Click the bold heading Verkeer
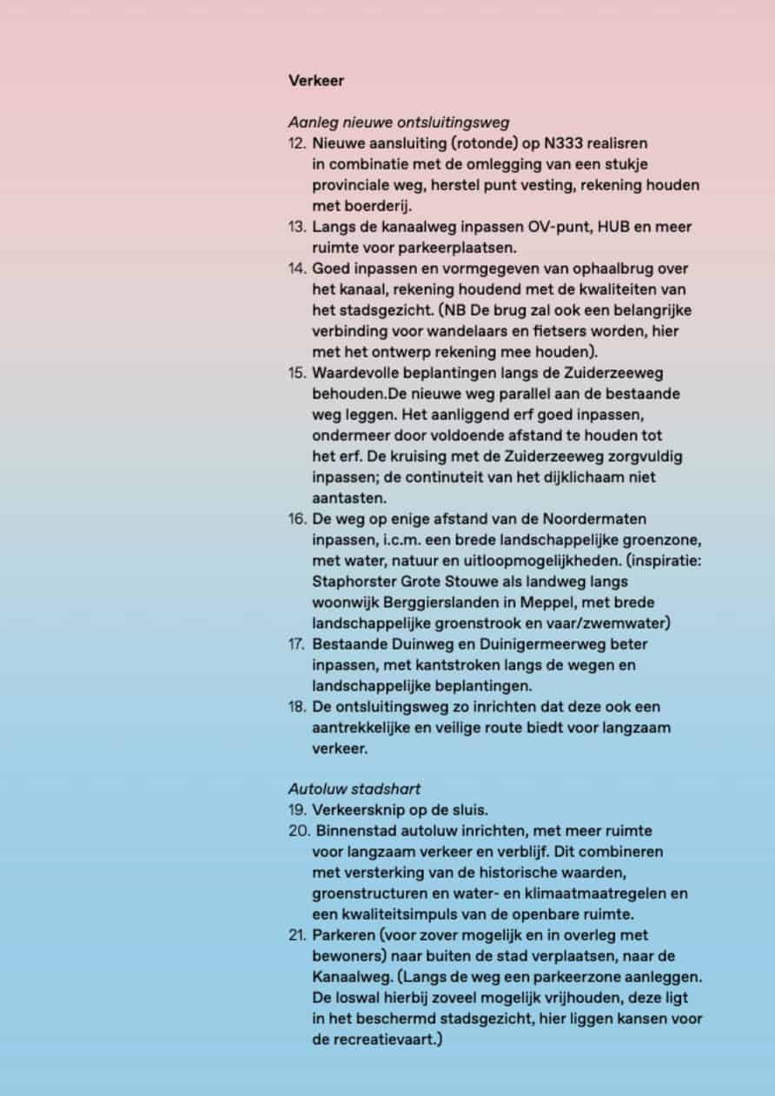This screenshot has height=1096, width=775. [316, 81]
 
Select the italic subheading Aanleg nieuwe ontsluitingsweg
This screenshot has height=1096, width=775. [399, 122]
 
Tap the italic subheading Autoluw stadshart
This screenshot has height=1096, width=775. [354, 789]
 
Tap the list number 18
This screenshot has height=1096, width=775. [297, 706]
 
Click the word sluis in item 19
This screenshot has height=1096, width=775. [470, 809]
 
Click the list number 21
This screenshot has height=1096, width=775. [297, 934]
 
